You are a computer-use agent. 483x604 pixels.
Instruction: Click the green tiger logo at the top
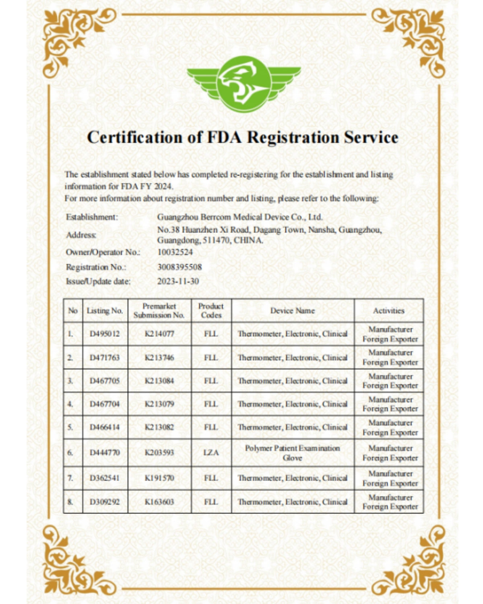(x=244, y=84)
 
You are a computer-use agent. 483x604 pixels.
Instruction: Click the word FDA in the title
(x=224, y=137)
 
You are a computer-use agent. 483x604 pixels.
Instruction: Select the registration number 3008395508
(x=180, y=267)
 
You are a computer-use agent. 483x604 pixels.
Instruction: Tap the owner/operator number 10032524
(x=175, y=252)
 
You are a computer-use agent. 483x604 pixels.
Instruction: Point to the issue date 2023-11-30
(x=178, y=281)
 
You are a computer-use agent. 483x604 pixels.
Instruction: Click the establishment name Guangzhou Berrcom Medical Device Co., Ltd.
(x=240, y=217)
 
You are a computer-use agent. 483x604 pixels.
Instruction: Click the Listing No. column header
(x=105, y=310)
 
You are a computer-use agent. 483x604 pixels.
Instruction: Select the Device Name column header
(x=292, y=310)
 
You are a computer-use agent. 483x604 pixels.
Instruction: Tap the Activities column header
(x=388, y=310)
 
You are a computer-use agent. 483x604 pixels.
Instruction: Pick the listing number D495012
(x=105, y=334)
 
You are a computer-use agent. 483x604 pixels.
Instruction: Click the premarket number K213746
(x=159, y=358)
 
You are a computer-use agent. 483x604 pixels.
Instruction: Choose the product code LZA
(x=211, y=453)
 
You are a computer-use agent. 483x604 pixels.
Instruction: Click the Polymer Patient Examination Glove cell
(x=292, y=453)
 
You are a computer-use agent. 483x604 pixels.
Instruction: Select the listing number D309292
(x=105, y=502)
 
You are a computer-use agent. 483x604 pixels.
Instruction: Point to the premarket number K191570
(x=159, y=478)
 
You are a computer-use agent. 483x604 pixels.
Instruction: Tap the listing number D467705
(x=105, y=381)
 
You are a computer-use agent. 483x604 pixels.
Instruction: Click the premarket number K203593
(x=159, y=453)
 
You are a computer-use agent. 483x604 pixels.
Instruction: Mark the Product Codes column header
(x=211, y=310)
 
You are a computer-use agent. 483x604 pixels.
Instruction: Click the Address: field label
(x=81, y=235)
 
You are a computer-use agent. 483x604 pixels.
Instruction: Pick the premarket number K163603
(x=159, y=502)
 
